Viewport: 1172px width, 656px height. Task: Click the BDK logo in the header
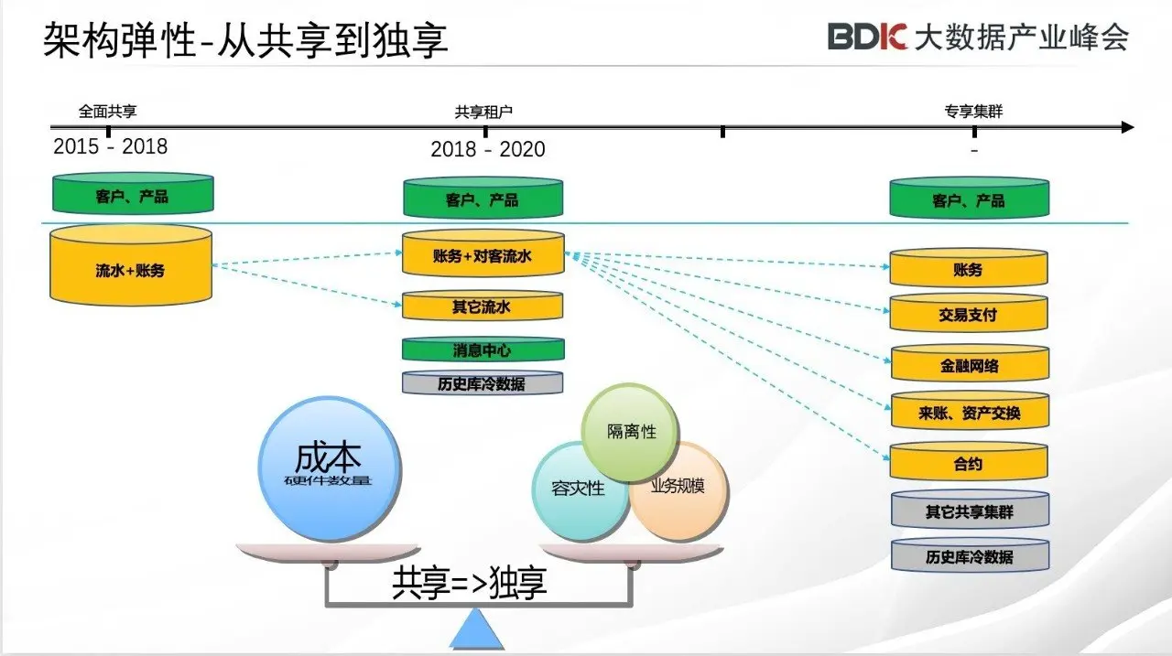click(867, 37)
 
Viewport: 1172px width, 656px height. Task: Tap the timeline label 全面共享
click(108, 112)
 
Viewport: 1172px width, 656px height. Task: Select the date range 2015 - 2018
click(111, 146)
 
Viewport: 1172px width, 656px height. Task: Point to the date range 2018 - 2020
click(488, 149)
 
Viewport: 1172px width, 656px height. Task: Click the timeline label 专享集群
click(973, 112)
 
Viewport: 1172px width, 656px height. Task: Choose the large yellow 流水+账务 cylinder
click(131, 267)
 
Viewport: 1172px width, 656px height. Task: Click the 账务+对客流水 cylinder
click(483, 255)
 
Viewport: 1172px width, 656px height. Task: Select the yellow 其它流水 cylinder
click(483, 306)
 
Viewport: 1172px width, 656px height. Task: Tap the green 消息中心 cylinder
click(483, 350)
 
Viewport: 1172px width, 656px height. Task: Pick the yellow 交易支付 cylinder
click(968, 314)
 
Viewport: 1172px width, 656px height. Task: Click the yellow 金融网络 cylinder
click(968, 365)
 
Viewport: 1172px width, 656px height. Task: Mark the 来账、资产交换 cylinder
click(968, 413)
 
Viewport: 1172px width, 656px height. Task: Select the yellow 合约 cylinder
click(968, 463)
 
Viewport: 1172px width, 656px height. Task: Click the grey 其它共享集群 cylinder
click(969, 511)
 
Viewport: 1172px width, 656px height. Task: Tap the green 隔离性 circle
click(631, 431)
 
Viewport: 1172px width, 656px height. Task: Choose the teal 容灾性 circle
click(574, 489)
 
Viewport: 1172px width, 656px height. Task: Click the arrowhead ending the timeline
click(1127, 127)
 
